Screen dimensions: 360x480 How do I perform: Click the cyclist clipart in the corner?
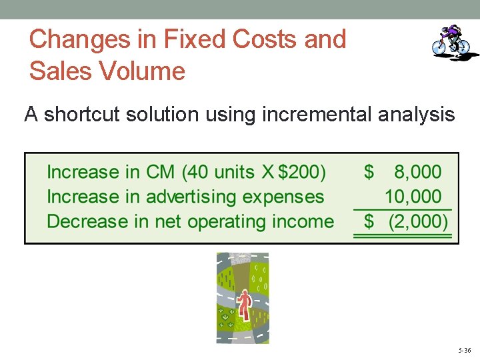coord(451,42)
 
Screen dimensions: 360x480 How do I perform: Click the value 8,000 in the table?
coord(417,172)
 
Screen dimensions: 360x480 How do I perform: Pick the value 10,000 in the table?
coord(413,197)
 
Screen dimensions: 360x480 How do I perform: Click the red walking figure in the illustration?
coord(244,306)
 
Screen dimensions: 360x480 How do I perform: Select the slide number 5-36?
coord(465,350)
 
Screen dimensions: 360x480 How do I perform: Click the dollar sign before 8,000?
coord(369,172)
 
